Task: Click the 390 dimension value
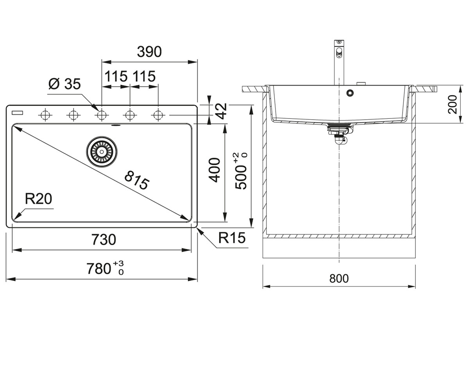click(149, 52)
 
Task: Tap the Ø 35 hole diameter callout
click(64, 84)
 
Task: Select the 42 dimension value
click(221, 111)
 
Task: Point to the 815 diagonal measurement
click(137, 180)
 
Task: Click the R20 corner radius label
click(38, 199)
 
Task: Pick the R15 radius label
click(232, 238)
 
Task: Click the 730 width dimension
click(104, 240)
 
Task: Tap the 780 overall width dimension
click(105, 268)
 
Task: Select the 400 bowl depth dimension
click(215, 170)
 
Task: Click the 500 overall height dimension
click(241, 171)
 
